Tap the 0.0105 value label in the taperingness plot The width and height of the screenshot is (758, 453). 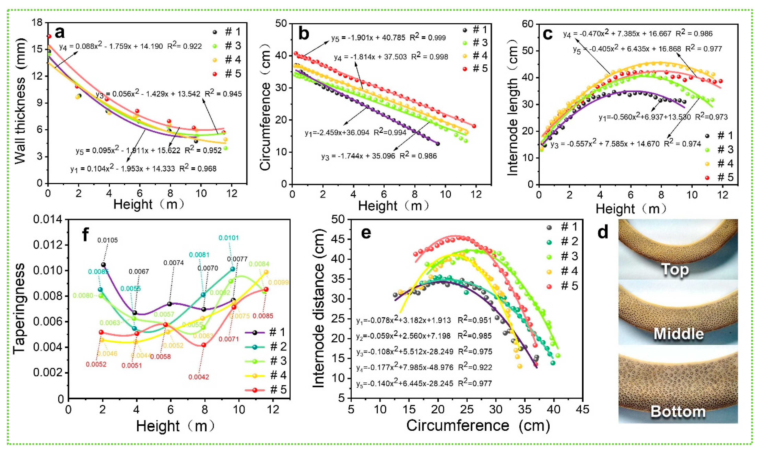(107, 240)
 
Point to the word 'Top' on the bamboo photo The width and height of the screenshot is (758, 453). (675, 270)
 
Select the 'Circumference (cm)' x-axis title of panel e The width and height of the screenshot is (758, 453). (478, 425)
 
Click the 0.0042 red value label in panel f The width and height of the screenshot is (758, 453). (199, 377)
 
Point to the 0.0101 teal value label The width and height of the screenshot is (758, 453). (229, 238)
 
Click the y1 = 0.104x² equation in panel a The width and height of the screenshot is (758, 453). (143, 169)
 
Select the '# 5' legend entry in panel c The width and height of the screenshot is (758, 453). (725, 177)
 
